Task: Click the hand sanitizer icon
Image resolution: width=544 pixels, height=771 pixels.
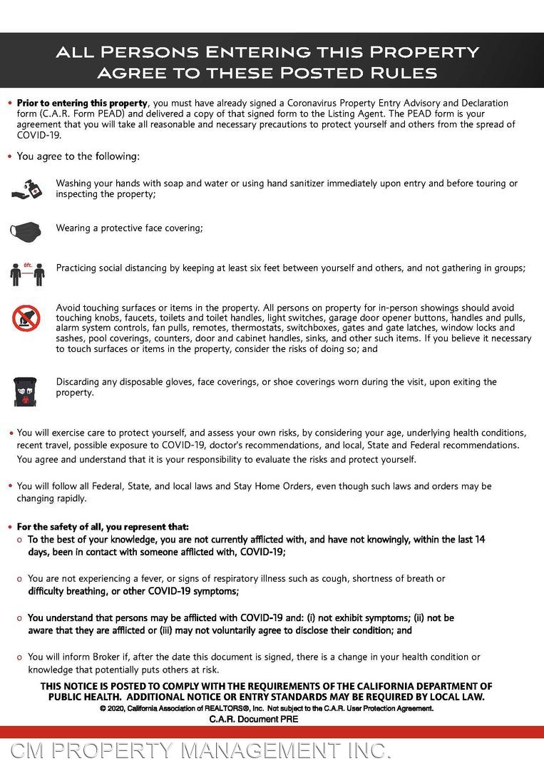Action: point(26,188)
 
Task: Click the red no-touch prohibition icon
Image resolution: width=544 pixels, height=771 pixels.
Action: point(26,318)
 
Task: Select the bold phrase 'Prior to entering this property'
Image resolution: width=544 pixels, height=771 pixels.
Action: point(82,104)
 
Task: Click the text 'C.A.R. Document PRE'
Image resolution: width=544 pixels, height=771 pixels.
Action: point(254,719)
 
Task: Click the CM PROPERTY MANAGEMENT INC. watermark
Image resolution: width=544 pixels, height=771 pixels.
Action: point(200,750)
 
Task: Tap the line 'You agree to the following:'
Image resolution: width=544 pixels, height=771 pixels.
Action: point(78,156)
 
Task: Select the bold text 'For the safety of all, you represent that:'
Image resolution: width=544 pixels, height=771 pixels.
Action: point(103,527)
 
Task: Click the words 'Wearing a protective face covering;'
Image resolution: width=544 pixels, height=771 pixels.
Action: point(130,228)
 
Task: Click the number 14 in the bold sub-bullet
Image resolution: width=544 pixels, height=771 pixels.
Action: point(479,540)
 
